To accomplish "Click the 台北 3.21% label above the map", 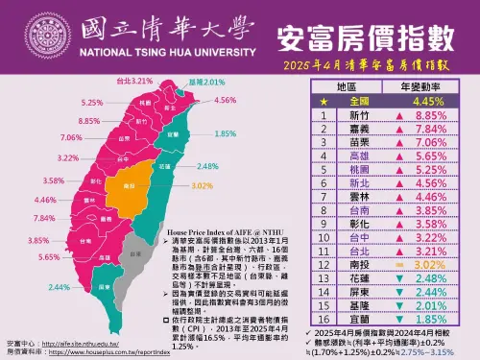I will pyautogui.click(x=133, y=81).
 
